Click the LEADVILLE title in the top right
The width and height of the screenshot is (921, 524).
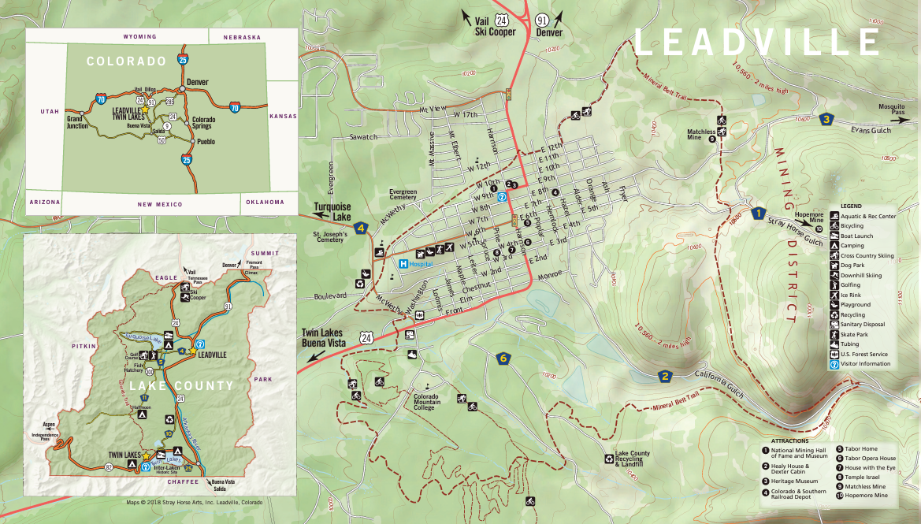[756, 41]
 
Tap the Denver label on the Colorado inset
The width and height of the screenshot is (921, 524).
[198, 82]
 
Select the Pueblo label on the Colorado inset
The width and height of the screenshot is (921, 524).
[206, 142]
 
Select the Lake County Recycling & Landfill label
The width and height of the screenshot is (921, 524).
[633, 459]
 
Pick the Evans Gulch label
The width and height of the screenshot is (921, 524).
[871, 131]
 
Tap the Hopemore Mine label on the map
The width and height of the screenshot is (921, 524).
[808, 218]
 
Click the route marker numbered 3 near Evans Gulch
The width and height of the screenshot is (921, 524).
[826, 120]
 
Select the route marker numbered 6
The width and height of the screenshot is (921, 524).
[503, 359]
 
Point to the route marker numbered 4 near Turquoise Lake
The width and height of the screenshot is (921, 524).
[361, 229]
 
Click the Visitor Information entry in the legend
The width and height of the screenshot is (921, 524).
[865, 364]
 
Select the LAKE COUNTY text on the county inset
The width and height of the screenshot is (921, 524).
[181, 385]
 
